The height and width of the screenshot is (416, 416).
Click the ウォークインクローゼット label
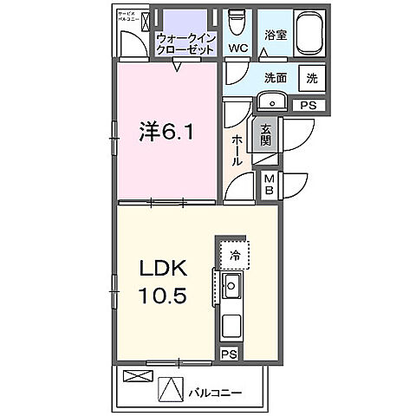(186, 43)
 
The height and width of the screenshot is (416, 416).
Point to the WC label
(236, 49)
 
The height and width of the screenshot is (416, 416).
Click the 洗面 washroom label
(276, 77)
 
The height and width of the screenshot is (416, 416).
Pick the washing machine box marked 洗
(311, 77)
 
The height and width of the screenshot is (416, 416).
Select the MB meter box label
(270, 184)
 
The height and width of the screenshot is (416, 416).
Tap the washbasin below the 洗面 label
(273, 102)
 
